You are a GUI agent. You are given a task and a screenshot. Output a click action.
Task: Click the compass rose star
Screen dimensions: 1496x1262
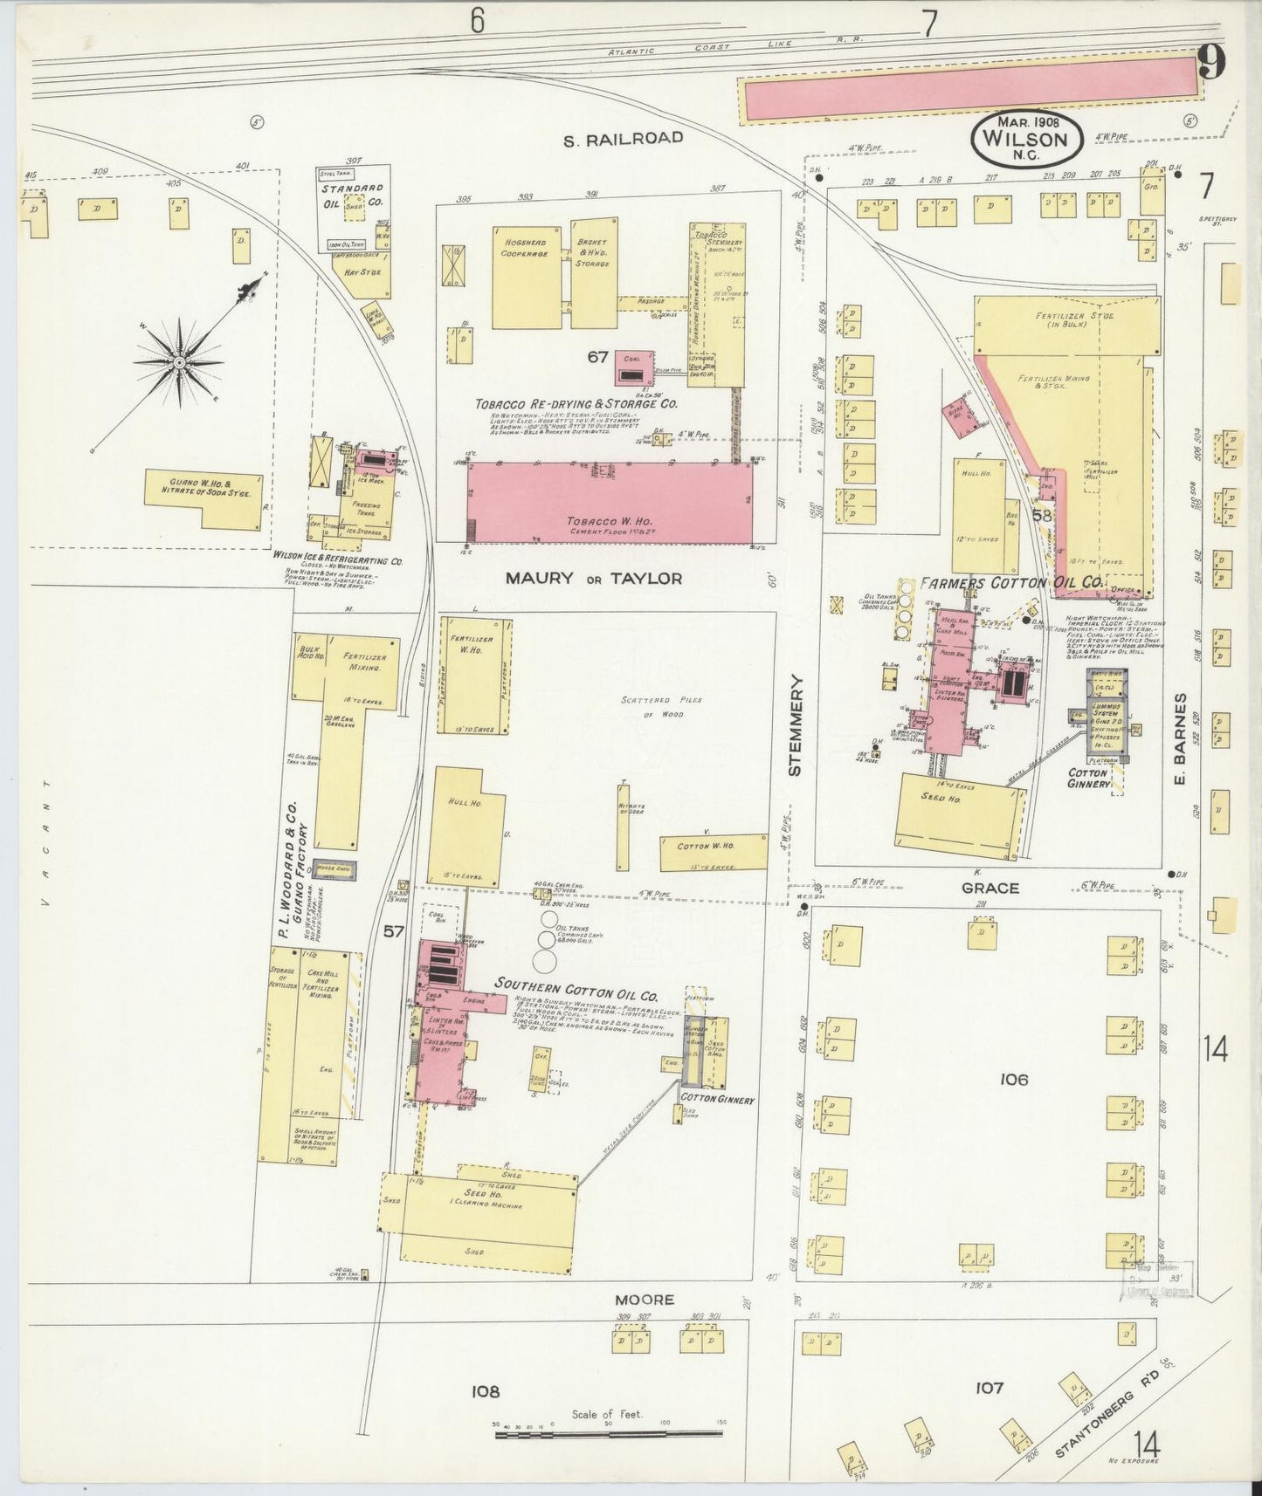pos(179,361)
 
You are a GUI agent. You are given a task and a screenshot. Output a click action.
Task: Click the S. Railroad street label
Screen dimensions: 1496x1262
pos(622,138)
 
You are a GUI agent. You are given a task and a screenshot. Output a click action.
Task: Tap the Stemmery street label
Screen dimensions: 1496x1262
pos(793,724)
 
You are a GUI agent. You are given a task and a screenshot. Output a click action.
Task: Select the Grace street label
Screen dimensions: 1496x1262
pos(990,888)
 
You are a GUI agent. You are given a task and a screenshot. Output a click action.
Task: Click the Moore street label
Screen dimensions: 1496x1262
pos(644,1300)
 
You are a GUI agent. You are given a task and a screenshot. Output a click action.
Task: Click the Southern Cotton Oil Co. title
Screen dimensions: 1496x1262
pos(576,985)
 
